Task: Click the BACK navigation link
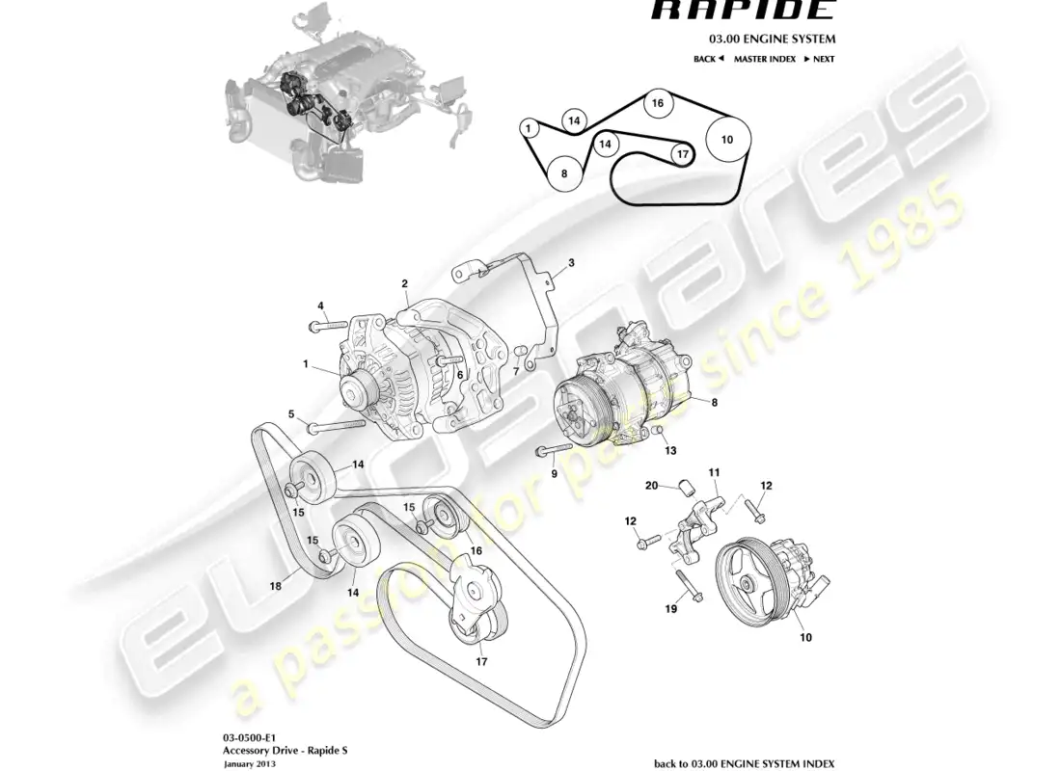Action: pyautogui.click(x=708, y=59)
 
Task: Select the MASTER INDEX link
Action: pyautogui.click(x=764, y=59)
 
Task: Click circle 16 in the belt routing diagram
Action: pyautogui.click(x=657, y=103)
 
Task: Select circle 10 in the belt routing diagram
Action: pyautogui.click(x=726, y=140)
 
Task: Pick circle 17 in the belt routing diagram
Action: pyautogui.click(x=681, y=153)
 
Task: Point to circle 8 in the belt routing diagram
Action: pyautogui.click(x=564, y=173)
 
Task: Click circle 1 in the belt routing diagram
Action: pyautogui.click(x=529, y=126)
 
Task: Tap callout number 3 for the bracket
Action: pyautogui.click(x=570, y=262)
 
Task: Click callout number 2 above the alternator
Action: pyautogui.click(x=405, y=283)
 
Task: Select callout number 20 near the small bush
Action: pyautogui.click(x=651, y=486)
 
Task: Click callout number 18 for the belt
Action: pyautogui.click(x=276, y=585)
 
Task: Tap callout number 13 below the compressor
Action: pyautogui.click(x=670, y=450)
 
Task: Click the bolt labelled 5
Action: pyautogui.click(x=338, y=427)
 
